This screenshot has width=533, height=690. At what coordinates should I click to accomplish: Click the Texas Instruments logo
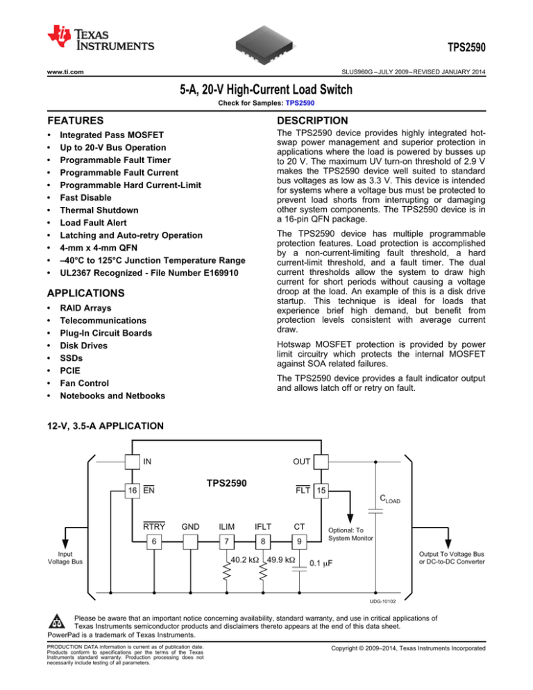97,38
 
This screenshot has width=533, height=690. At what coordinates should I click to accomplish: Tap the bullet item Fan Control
87,383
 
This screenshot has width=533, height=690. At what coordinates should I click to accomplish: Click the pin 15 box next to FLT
320,489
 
